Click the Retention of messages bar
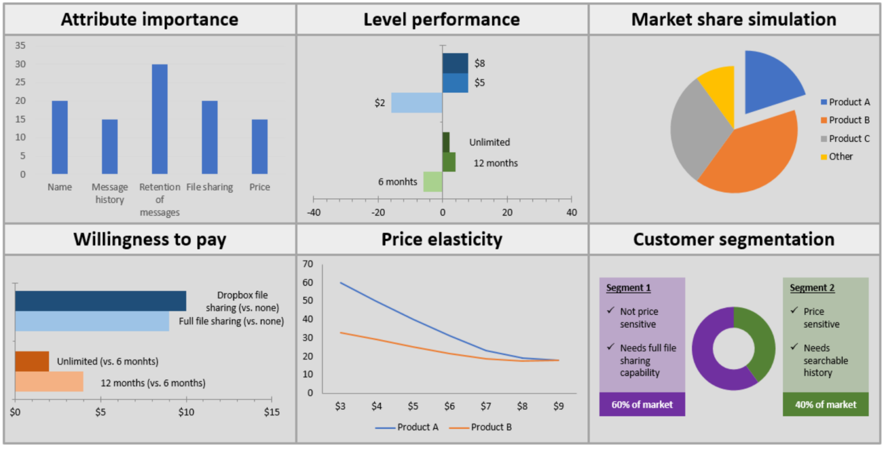(159, 119)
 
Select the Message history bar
(110, 146)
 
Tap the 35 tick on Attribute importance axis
(20, 46)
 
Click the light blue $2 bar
(416, 103)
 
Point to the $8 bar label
(479, 63)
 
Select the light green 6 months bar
(433, 181)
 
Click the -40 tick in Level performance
(313, 212)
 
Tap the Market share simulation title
(734, 20)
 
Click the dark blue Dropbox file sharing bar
(100, 301)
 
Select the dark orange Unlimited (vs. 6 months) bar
(32, 361)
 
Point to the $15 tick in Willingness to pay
(271, 413)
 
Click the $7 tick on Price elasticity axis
(486, 406)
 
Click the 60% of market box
(642, 404)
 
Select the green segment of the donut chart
(760, 340)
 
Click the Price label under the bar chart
(260, 187)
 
